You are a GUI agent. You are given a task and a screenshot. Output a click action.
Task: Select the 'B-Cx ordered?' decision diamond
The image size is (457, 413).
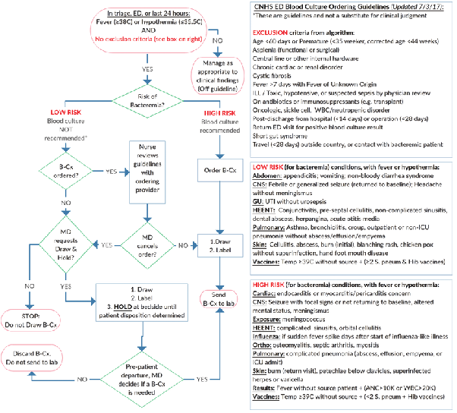(x=50, y=171)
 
